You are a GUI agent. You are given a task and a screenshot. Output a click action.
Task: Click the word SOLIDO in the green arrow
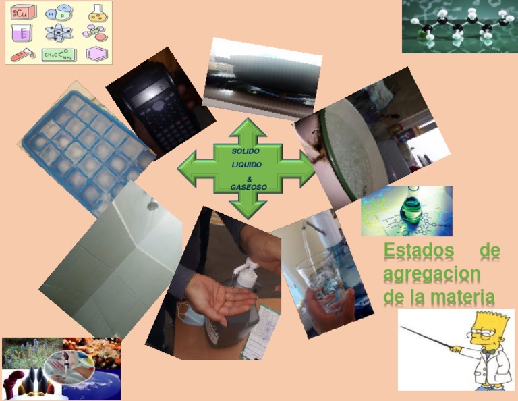pyautogui.click(x=246, y=151)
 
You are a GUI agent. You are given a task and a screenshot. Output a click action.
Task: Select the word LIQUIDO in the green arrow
pyautogui.click(x=247, y=165)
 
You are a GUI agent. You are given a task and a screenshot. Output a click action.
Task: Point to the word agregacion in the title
pyautogui.click(x=432, y=275)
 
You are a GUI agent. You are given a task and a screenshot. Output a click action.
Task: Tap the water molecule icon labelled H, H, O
pyautogui.click(x=59, y=12)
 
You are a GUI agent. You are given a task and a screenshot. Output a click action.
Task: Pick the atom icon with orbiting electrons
pyautogui.click(x=59, y=32)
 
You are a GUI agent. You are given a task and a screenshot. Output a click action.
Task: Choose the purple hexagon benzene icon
pyautogui.click(x=96, y=54)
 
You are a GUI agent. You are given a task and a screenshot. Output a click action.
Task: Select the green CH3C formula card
pyautogui.click(x=59, y=55)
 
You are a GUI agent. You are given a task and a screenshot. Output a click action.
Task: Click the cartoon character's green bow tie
pyautogui.click(x=486, y=352)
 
